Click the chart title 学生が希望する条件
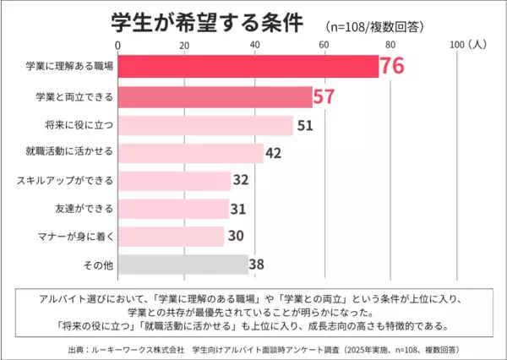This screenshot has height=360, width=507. [x=207, y=22]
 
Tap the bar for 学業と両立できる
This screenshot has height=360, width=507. [x=215, y=96]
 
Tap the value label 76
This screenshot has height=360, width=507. [x=393, y=65]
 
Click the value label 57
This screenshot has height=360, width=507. [x=324, y=96]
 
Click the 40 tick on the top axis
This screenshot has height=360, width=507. [x=254, y=44]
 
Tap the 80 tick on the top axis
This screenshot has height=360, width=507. [x=390, y=44]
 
